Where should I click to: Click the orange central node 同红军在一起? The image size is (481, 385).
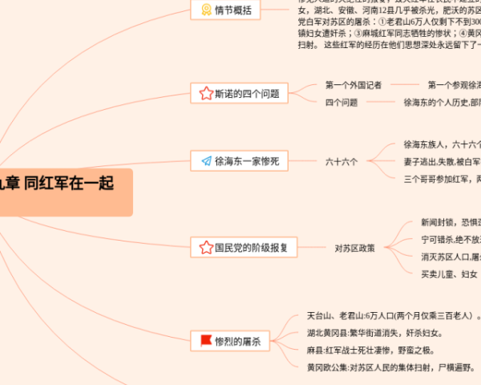[x=64, y=184]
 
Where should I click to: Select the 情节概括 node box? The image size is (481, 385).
[x=225, y=10]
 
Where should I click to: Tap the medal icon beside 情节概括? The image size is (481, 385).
[x=205, y=10]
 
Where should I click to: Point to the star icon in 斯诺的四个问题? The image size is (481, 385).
[x=205, y=93]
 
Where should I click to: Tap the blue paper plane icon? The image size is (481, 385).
[x=205, y=161]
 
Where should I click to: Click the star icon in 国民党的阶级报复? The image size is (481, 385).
[x=205, y=248]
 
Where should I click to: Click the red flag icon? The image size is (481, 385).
[x=205, y=341]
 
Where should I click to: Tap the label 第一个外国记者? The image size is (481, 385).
[x=354, y=84]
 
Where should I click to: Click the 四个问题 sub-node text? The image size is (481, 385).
[x=342, y=103]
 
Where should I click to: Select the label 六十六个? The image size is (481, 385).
[x=342, y=161]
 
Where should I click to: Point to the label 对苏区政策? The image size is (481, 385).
[x=355, y=248]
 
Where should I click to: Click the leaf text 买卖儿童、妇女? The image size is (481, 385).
[x=449, y=274]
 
